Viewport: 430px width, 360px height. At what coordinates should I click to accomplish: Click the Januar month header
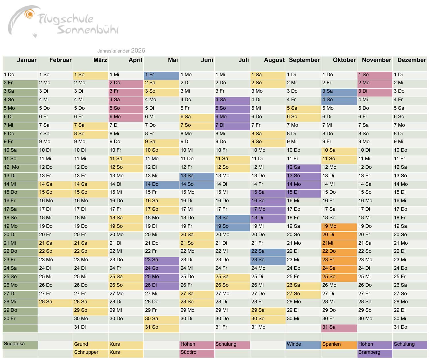click(26, 60)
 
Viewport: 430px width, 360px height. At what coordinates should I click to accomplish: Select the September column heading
click(304, 60)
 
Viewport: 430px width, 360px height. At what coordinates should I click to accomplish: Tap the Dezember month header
click(411, 60)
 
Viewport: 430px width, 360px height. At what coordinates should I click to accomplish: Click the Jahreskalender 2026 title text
click(121, 51)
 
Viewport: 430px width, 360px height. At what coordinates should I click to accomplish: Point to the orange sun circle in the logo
click(29, 14)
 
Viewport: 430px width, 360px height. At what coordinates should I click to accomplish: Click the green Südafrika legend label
click(14, 344)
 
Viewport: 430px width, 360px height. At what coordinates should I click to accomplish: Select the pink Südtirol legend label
click(189, 352)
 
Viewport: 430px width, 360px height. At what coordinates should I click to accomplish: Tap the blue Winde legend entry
click(294, 344)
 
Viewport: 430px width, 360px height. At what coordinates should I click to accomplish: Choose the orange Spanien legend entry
click(332, 344)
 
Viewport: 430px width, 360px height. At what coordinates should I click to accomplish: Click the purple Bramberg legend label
click(369, 352)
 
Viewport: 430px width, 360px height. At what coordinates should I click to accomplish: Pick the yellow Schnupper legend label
click(86, 352)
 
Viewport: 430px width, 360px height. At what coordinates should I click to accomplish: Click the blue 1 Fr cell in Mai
click(161, 75)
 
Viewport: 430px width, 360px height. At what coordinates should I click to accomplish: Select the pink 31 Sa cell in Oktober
click(339, 327)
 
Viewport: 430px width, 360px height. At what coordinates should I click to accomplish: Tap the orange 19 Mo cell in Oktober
click(339, 226)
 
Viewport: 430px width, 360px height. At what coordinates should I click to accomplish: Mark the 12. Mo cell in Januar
click(20, 167)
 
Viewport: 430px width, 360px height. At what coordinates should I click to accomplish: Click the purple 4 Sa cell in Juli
click(232, 100)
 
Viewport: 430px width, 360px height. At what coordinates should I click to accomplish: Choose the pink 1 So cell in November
click(374, 75)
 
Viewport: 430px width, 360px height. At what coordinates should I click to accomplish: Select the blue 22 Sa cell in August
click(268, 251)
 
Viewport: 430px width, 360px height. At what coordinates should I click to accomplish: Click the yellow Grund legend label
click(81, 344)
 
